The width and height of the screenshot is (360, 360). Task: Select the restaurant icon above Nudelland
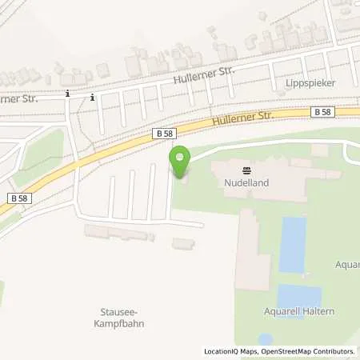click(x=246, y=170)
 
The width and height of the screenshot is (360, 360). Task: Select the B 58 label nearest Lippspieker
click(x=322, y=113)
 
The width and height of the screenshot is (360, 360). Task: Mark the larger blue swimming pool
click(x=292, y=244)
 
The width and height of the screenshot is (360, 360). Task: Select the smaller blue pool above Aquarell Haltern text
click(x=298, y=295)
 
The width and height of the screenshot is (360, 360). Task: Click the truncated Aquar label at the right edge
click(x=348, y=263)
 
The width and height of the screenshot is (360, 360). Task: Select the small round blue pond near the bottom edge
click(x=265, y=338)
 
